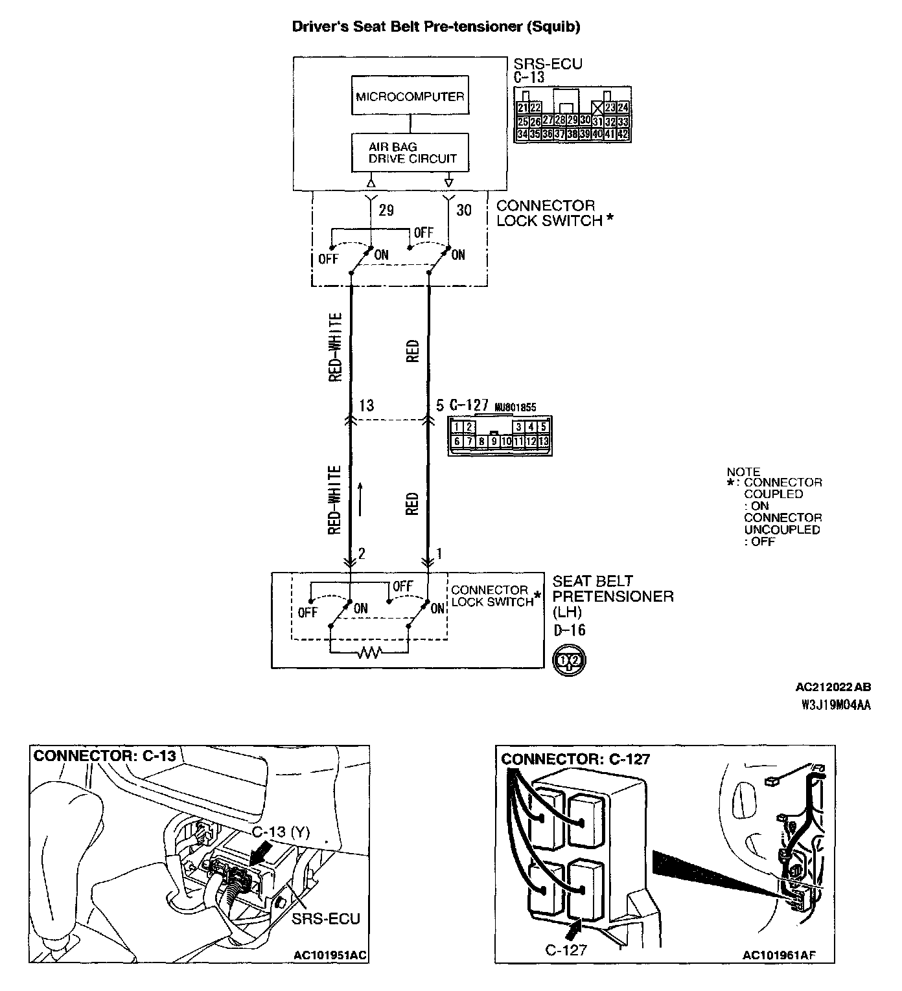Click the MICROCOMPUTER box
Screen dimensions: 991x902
[410, 97]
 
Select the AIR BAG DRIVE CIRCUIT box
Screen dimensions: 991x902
[410, 153]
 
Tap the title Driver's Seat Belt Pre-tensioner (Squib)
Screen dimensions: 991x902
[435, 27]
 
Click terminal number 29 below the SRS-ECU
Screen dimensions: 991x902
[386, 211]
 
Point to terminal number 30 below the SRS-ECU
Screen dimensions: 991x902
[464, 211]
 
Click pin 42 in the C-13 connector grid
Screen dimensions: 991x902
[623, 135]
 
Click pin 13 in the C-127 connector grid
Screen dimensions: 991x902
[544, 442]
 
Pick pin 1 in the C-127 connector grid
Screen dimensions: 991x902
[457, 427]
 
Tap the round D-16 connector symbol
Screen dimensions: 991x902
[568, 661]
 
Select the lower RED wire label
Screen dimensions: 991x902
[413, 504]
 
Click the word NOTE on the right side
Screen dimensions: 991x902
[743, 472]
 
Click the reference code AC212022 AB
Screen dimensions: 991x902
[833, 687]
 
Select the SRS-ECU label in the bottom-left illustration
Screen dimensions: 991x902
[326, 919]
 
